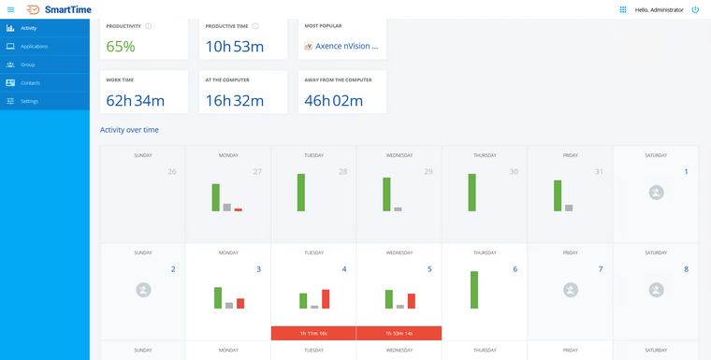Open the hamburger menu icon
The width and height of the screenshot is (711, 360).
[10, 9]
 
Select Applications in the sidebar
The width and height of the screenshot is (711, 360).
[35, 46]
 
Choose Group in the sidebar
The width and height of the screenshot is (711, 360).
[28, 65]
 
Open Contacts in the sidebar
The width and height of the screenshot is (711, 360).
[30, 82]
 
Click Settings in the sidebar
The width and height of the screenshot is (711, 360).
[30, 100]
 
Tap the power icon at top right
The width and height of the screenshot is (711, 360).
[695, 9]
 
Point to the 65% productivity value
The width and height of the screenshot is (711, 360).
[121, 46]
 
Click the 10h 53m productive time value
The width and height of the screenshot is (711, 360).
[234, 46]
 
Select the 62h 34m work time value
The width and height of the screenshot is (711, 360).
[136, 100]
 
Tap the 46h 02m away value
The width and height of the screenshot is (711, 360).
[338, 100]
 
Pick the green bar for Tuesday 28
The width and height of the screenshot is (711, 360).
[301, 192]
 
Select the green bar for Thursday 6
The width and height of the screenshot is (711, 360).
[474, 290]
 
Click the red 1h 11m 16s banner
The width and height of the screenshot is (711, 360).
[312, 333]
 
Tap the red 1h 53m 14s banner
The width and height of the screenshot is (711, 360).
[399, 333]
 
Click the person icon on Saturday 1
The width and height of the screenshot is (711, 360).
[656, 193]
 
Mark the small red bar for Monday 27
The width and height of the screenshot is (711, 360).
[238, 209]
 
